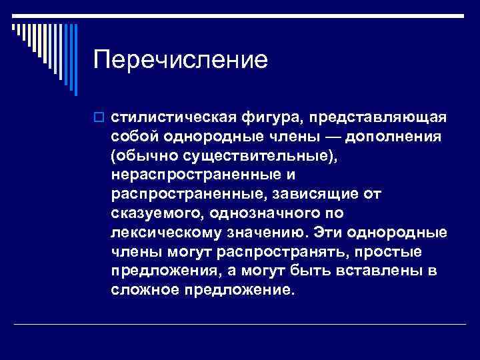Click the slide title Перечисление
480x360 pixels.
tap(181, 60)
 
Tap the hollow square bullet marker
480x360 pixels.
tap(99, 118)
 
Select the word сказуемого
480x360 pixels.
tap(156, 214)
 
